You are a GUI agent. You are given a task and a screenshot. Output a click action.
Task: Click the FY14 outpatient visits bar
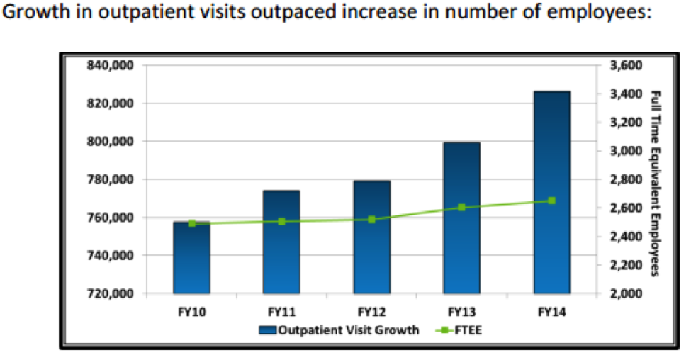(x=551, y=191)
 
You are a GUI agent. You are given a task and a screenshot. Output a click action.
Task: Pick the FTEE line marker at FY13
(x=461, y=208)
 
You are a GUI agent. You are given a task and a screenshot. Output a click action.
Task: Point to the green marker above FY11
(x=281, y=221)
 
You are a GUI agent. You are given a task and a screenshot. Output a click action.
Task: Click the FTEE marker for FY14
(x=551, y=201)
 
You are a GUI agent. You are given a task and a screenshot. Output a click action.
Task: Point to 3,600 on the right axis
(x=624, y=65)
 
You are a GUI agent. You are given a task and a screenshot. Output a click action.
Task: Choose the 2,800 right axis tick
(x=624, y=179)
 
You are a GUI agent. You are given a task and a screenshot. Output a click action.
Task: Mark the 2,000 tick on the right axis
(x=624, y=293)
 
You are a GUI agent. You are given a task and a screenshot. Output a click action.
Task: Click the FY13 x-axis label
(x=461, y=311)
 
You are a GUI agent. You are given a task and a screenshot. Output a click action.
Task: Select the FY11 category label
(x=281, y=311)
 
